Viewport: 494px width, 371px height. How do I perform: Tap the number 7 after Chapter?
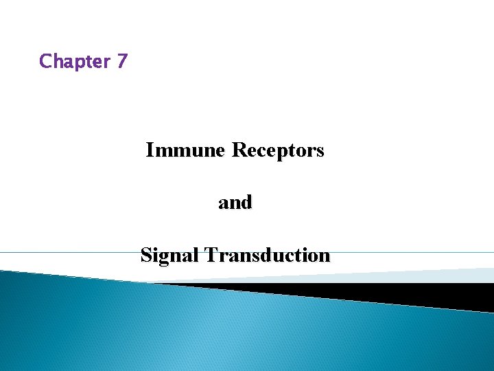pyautogui.click(x=121, y=61)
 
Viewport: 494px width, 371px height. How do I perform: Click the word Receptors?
pyautogui.click(x=278, y=150)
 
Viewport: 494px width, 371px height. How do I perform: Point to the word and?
pyautogui.click(x=235, y=203)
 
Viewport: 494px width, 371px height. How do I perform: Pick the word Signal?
pyautogui.click(x=168, y=256)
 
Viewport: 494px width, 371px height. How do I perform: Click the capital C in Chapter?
pyautogui.click(x=46, y=61)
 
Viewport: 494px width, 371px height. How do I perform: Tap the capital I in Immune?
pyautogui.click(x=150, y=150)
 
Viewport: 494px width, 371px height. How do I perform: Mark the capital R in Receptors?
pyautogui.click(x=238, y=150)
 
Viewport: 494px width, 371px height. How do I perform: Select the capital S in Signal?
pyautogui.click(x=145, y=256)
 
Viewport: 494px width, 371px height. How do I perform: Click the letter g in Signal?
pyautogui.click(x=165, y=258)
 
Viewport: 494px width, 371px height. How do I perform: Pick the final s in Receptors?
pyautogui.click(x=320, y=151)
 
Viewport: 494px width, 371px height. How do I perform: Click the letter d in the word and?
pyautogui.click(x=246, y=203)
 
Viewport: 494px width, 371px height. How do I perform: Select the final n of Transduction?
pyautogui.click(x=325, y=257)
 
